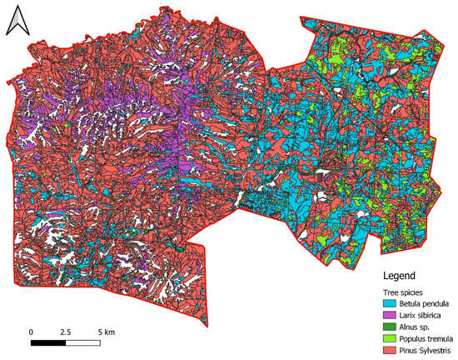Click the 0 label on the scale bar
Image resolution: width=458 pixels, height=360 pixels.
tap(31, 332)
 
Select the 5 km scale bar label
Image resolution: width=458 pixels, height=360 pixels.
tap(106, 332)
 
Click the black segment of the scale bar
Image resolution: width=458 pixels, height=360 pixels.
tap(49, 342)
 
